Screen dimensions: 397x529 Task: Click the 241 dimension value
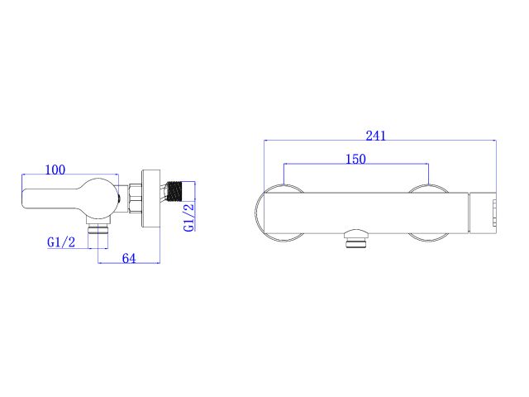375,136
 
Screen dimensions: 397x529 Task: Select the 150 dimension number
355,159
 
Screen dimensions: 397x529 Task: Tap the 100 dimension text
55,170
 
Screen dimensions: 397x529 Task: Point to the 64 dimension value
129,258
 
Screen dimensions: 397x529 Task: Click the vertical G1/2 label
188,218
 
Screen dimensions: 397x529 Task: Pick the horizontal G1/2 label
62,242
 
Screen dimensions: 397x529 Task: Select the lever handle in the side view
66,198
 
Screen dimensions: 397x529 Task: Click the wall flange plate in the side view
150,198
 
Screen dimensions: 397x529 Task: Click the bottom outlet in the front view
356,241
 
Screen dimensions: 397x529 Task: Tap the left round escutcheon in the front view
279,213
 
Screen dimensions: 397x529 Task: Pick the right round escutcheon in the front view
430,213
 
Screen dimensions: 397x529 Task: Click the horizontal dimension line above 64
129,264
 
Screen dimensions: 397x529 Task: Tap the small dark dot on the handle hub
121,198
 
